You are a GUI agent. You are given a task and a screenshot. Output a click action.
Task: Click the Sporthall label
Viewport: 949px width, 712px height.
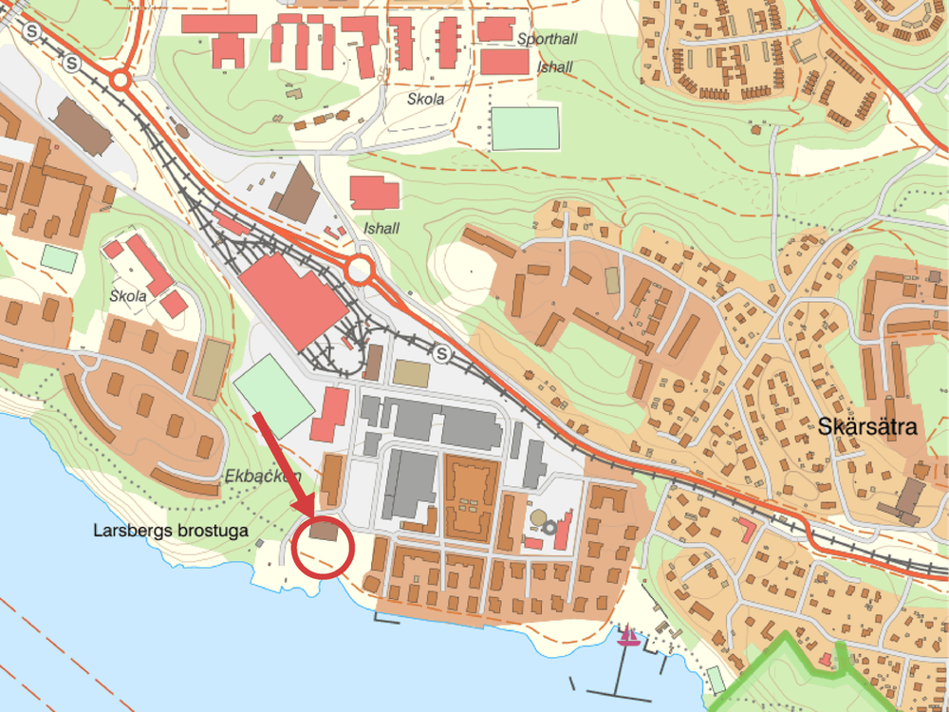coord(548,39)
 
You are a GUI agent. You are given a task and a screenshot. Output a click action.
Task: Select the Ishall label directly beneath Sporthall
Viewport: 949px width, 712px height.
coord(555,67)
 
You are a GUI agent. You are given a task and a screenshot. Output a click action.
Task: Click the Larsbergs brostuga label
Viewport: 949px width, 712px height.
coord(171,531)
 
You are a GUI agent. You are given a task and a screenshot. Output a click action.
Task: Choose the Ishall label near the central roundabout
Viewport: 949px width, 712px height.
coord(381,229)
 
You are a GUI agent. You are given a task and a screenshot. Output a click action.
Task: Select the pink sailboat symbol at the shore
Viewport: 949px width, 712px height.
coord(627,637)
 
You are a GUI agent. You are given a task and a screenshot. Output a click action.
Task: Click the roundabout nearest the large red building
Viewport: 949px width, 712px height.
coord(360,271)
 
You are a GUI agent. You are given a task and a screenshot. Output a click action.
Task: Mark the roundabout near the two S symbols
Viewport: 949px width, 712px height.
coord(121,81)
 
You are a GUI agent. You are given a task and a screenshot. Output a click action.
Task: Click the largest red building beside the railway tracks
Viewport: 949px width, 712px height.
coord(292,302)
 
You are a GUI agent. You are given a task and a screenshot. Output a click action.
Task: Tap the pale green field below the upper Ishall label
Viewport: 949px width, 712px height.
coord(525,128)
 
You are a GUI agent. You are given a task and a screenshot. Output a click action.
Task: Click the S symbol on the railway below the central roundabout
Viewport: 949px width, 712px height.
coord(442,354)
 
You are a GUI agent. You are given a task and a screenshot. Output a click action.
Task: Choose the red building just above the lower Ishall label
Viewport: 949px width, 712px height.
coord(374,194)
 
